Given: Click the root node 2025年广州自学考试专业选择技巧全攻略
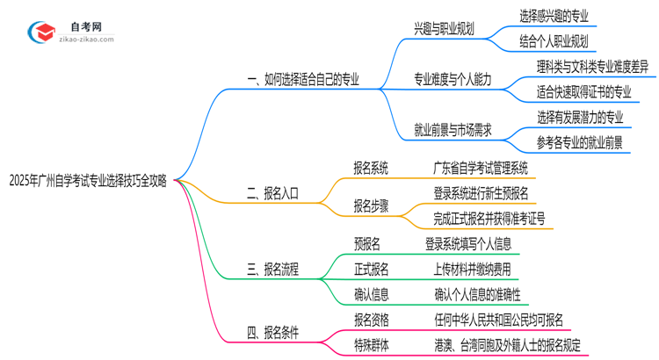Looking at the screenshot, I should [x=88, y=182].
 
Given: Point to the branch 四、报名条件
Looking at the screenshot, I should [x=273, y=332].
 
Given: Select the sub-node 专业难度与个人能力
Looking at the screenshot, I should [x=453, y=80].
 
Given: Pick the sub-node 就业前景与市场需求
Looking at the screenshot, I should [x=453, y=130].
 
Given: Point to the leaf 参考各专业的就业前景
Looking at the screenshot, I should [x=580, y=142].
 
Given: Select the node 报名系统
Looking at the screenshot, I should [x=371, y=168].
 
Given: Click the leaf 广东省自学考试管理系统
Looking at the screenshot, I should [x=492, y=168].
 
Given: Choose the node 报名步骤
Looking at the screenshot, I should [x=371, y=206].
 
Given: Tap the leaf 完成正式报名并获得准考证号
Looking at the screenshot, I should [x=488, y=219].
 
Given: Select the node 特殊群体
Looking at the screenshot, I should [x=371, y=345].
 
